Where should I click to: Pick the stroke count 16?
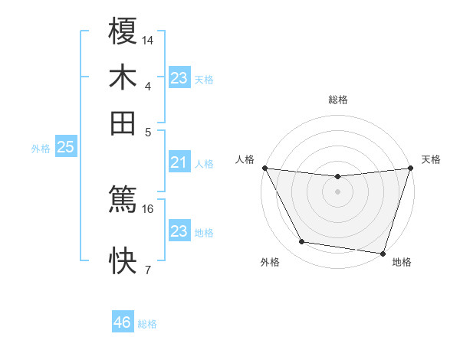click(148, 208)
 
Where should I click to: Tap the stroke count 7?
click(148, 269)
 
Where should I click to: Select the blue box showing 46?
click(123, 322)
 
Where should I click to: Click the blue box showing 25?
click(65, 148)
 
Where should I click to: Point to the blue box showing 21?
click(179, 162)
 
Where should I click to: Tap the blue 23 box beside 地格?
click(179, 231)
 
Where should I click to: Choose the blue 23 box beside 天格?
click(179, 78)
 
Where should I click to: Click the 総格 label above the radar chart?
click(338, 100)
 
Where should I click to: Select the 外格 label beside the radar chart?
click(270, 262)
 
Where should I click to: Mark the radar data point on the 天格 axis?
click(410, 169)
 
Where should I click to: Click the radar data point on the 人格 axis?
click(264, 168)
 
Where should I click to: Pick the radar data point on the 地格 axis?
click(383, 253)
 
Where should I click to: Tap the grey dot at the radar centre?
click(337, 191)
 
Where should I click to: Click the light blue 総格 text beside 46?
click(147, 324)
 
